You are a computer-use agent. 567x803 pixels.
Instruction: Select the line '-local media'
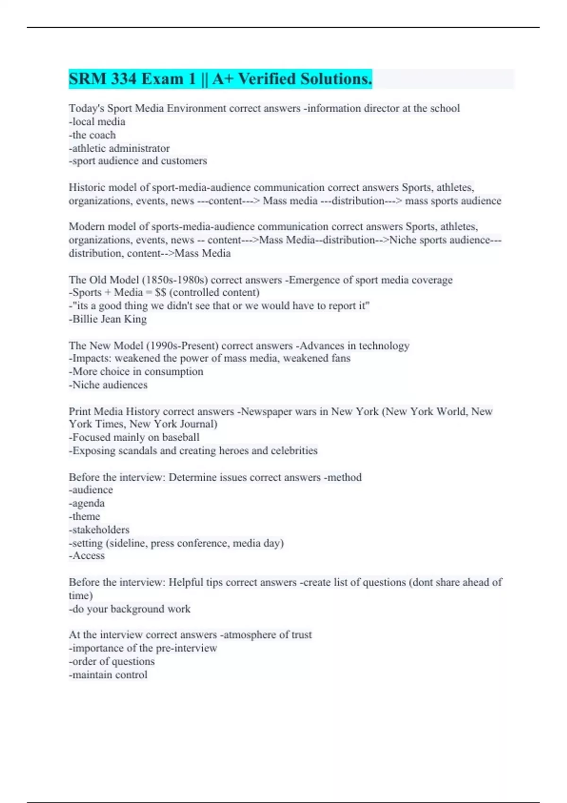pos(97,121)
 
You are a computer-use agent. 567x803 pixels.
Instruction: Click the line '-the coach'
pos(92,135)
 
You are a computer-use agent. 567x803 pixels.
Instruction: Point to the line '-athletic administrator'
pos(119,148)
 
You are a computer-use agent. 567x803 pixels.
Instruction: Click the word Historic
pos(86,188)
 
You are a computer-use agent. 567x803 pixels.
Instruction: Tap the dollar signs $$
pos(160,292)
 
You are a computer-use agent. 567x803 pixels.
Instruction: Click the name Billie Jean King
pos(110,319)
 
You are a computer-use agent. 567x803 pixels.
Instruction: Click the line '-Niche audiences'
pos(108,385)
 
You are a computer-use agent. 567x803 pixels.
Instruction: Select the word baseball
pos(180,437)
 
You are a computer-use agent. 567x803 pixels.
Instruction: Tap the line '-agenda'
pos(86,503)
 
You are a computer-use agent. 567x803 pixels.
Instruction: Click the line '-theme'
pos(84,516)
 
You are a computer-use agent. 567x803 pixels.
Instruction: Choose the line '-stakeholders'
pos(99,530)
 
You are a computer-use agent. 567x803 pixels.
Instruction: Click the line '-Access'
pos(86,556)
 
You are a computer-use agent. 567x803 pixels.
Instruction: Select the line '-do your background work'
pos(129,609)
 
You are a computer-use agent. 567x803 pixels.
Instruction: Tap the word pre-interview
pos(186,648)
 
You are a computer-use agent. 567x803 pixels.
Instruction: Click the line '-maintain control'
pos(108,675)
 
